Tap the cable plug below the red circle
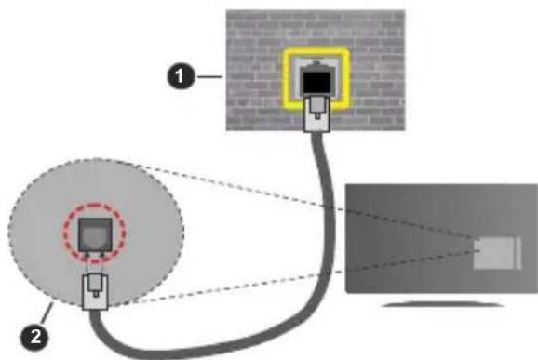coord(94,289)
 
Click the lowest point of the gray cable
coord(186,351)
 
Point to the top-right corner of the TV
coord(536,183)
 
